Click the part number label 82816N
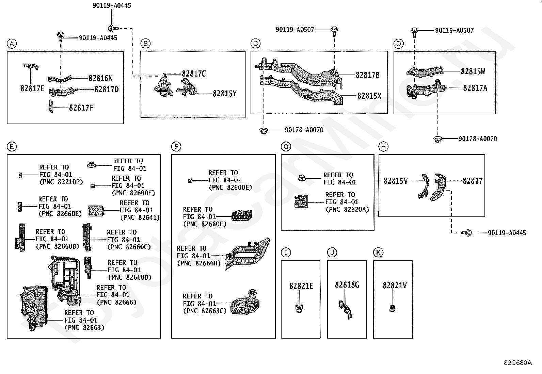click(100, 78)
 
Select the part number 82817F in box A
click(81, 108)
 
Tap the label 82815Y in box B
click(225, 94)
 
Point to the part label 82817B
click(367, 75)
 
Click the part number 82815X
click(369, 96)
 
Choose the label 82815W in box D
click(473, 71)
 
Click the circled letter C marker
click(256, 44)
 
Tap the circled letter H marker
click(383, 146)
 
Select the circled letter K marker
click(378, 253)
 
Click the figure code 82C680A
click(517, 363)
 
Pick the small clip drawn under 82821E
click(299, 308)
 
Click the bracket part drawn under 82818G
click(345, 310)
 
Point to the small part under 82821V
click(392, 308)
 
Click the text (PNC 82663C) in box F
click(205, 311)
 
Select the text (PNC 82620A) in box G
click(347, 209)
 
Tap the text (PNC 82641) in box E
click(140, 217)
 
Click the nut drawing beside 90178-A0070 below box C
click(264, 131)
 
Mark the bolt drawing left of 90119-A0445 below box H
click(466, 233)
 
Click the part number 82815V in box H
click(396, 181)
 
